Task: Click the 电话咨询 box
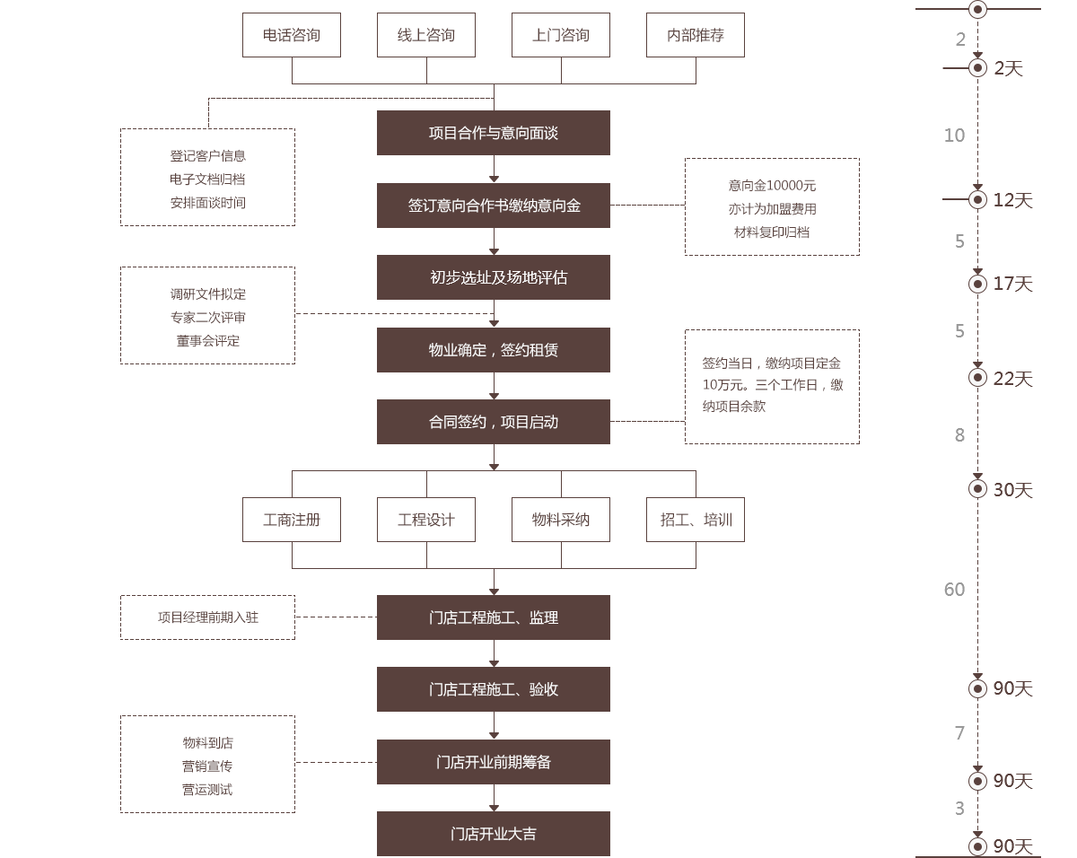[292, 35]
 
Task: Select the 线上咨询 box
[426, 35]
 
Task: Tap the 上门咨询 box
[561, 35]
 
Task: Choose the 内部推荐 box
[696, 35]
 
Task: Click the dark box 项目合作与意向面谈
[494, 133]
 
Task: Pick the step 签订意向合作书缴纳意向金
[494, 206]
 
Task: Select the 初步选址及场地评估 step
[494, 277]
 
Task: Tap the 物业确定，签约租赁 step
[494, 350]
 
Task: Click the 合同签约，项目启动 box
[494, 422]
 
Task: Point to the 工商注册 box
[292, 520]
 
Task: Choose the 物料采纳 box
[561, 520]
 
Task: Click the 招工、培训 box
[696, 520]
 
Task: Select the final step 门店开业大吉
[494, 834]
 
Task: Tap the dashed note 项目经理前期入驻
[207, 617]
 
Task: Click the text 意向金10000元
[772, 186]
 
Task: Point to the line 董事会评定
[207, 341]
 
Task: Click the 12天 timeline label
[1013, 200]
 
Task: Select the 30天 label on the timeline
[1013, 490]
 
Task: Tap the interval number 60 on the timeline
[954, 590]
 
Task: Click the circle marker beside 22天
[977, 378]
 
